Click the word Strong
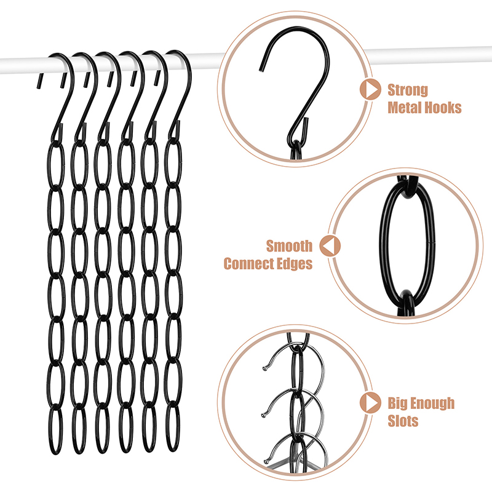click(408, 90)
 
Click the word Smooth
click(289, 246)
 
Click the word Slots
click(403, 421)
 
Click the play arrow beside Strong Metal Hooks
click(371, 89)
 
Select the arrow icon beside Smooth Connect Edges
click(330, 245)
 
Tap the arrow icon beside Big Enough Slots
click(371, 403)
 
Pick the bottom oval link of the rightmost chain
click(166, 427)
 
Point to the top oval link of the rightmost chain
click(166, 162)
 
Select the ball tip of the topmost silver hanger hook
click(265, 368)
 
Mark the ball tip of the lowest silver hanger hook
click(267, 461)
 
